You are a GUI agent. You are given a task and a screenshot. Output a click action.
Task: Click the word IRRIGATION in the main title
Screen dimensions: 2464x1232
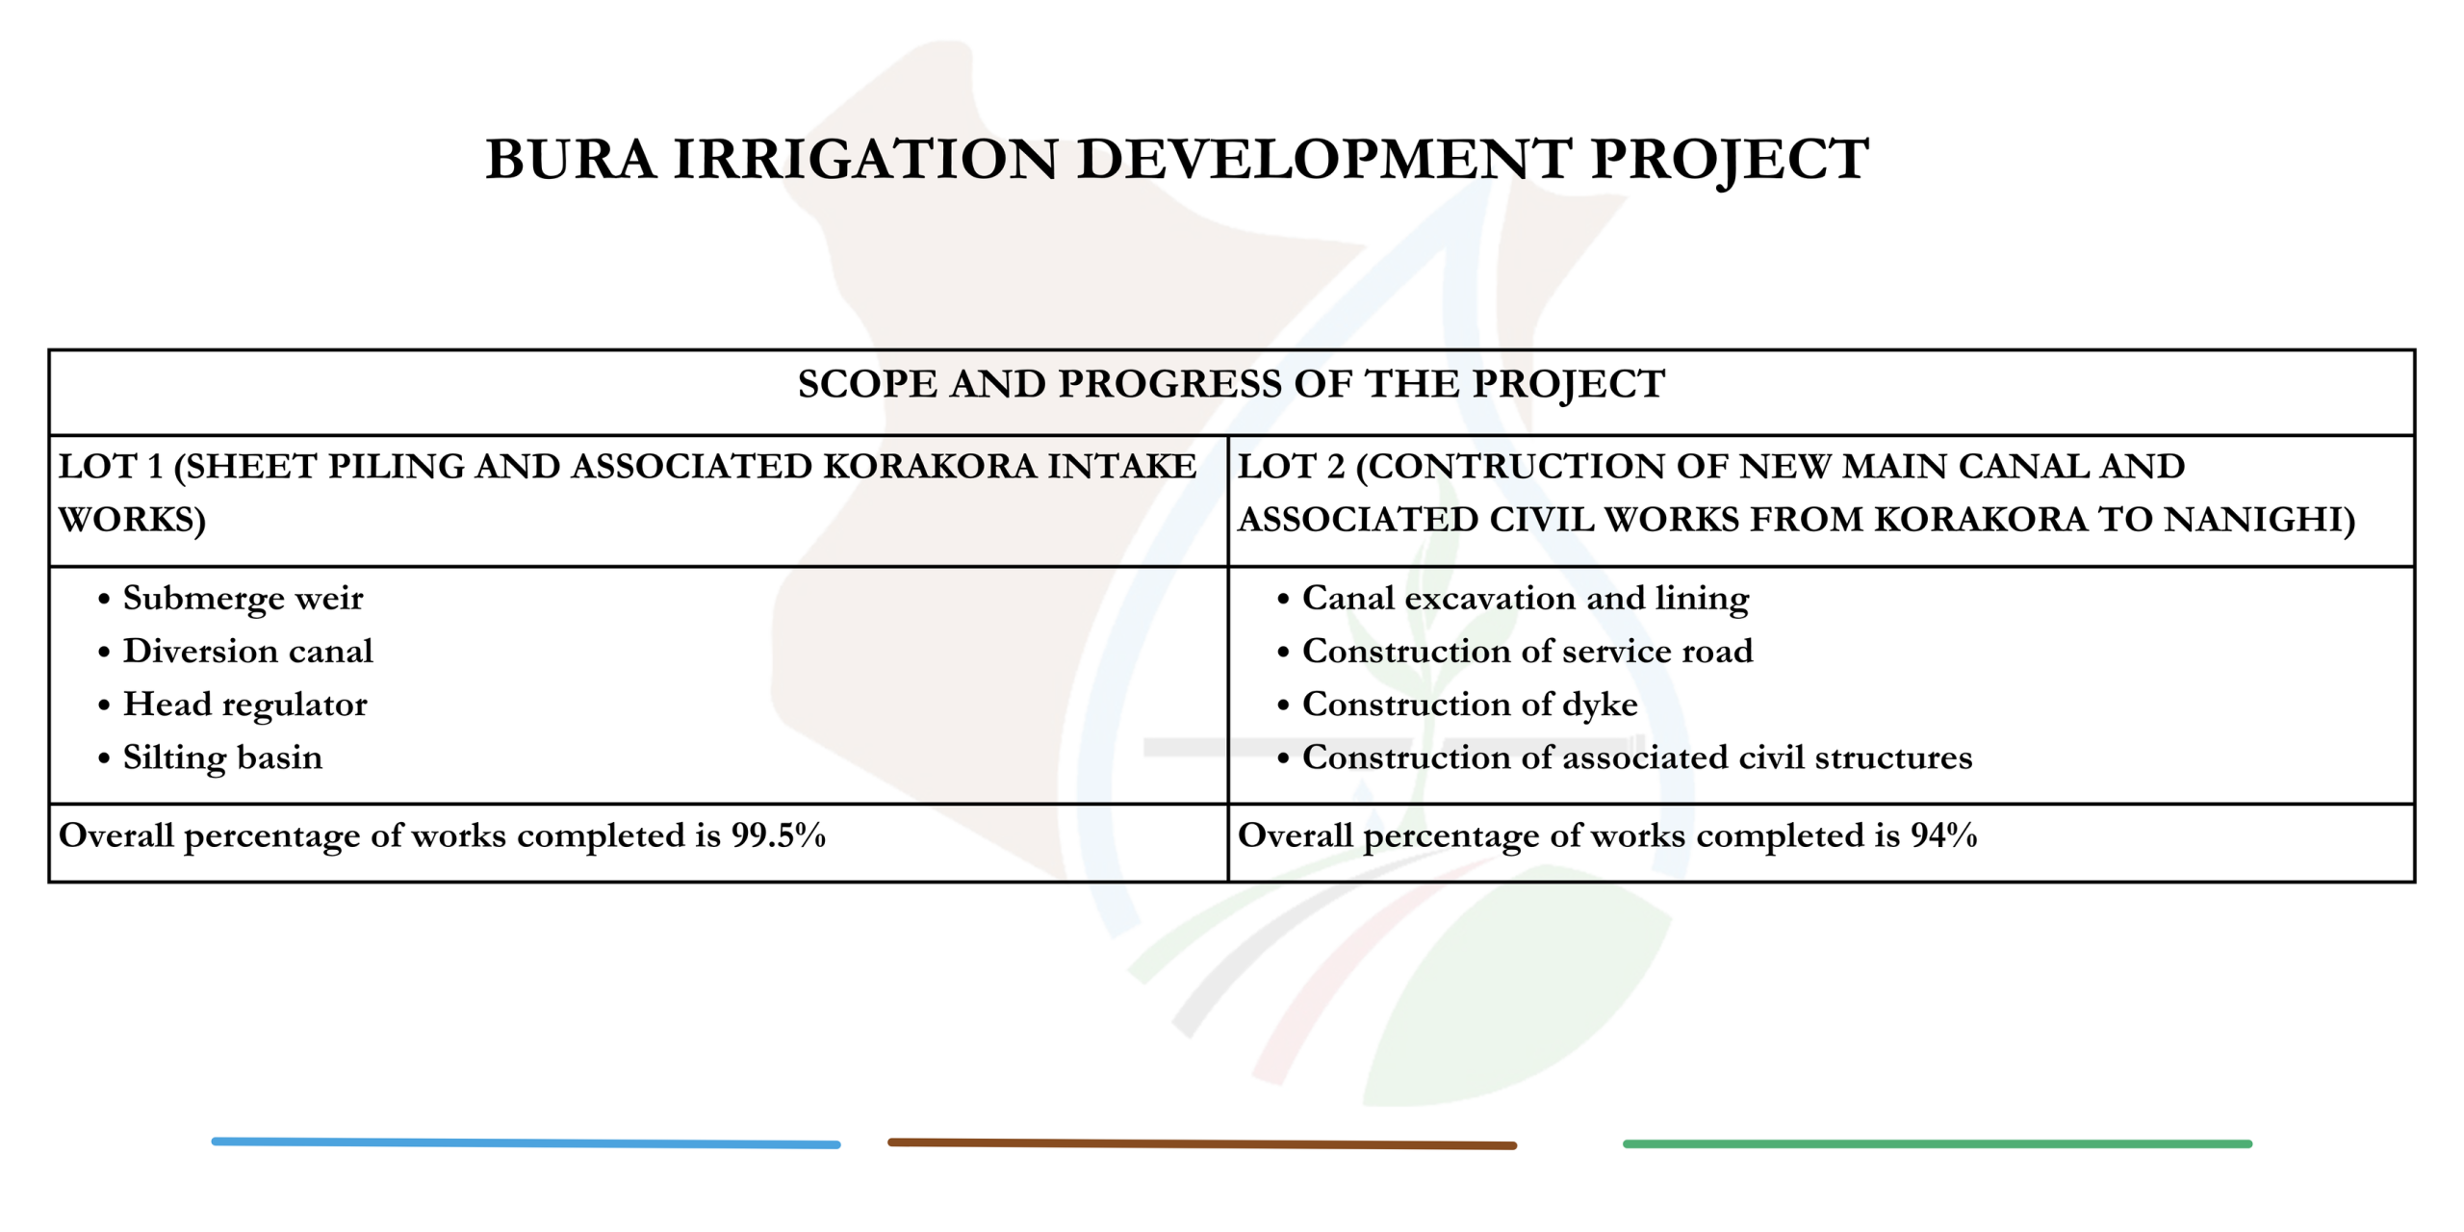pyautogui.click(x=866, y=159)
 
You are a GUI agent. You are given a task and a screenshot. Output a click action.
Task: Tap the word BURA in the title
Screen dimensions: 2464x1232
pyautogui.click(x=571, y=159)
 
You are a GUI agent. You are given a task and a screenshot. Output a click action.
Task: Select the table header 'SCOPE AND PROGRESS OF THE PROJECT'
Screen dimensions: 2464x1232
pyautogui.click(x=1231, y=384)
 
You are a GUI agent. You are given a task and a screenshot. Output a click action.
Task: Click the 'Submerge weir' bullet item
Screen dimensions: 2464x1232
pyautogui.click(x=244, y=599)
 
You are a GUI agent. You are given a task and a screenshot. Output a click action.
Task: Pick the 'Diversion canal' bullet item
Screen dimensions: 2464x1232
pyautogui.click(x=248, y=652)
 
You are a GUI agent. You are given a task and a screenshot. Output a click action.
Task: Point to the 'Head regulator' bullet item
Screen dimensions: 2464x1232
pyautogui.click(x=245, y=706)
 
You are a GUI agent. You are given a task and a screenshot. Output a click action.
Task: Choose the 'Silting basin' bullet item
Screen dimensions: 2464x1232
pyautogui.click(x=223, y=758)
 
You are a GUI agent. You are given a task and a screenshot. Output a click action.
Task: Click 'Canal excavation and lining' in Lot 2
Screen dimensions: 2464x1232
pyautogui.click(x=1526, y=599)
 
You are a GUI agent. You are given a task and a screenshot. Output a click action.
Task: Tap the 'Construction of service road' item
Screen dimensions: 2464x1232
pyautogui.click(x=1527, y=652)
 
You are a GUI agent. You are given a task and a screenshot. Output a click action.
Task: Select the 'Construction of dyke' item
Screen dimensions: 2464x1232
pyautogui.click(x=1470, y=706)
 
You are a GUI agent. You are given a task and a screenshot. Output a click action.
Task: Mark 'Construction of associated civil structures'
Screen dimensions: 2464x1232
pyautogui.click(x=1637, y=758)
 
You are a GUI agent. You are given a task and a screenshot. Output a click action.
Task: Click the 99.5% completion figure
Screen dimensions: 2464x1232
pyautogui.click(x=779, y=835)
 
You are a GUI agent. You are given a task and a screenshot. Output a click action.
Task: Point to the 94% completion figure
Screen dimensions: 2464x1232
pyautogui.click(x=1944, y=835)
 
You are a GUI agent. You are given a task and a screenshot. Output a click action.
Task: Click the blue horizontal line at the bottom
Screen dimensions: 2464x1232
pyautogui.click(x=526, y=1143)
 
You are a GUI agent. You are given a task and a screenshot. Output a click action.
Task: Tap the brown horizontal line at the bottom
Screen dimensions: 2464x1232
pyautogui.click(x=1202, y=1144)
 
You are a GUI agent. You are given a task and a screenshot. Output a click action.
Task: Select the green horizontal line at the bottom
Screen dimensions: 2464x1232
pyautogui.click(x=1938, y=1144)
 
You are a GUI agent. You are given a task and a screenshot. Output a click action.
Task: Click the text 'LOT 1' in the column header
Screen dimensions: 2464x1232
pyautogui.click(x=111, y=467)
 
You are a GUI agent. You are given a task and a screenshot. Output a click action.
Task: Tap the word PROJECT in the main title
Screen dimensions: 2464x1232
pyautogui.click(x=1730, y=161)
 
